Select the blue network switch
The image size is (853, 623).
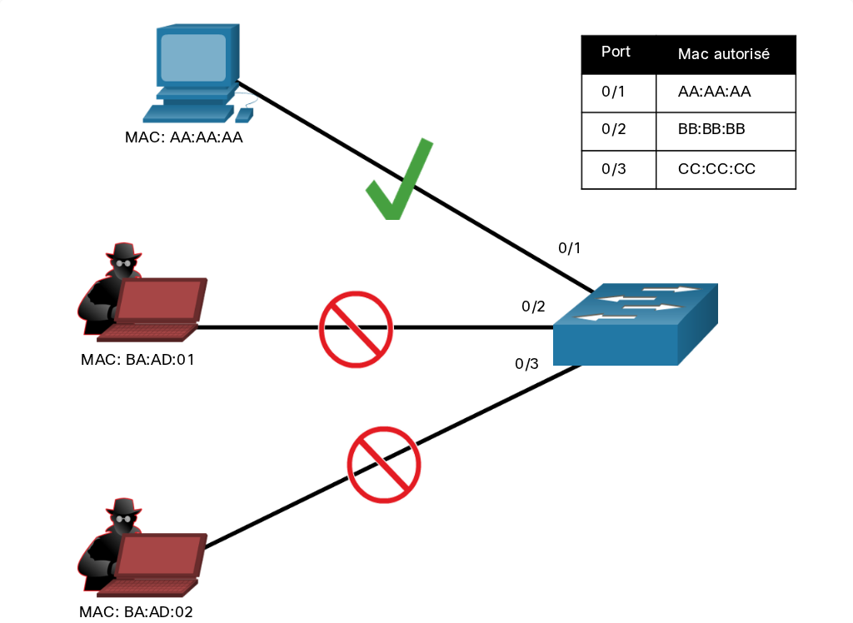click(x=636, y=324)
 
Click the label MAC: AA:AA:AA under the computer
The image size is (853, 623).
click(x=184, y=137)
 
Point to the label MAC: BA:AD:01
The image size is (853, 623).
click(x=137, y=360)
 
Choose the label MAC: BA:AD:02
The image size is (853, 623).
click(x=136, y=612)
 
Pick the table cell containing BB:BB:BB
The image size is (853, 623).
click(x=726, y=131)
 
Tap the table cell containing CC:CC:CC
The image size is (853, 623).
click(x=726, y=170)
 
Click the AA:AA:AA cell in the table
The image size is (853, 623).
click(x=726, y=93)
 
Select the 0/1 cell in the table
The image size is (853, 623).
click(x=619, y=93)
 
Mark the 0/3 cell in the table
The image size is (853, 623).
click(x=619, y=170)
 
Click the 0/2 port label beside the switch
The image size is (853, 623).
click(x=533, y=307)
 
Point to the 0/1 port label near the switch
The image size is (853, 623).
click(x=570, y=248)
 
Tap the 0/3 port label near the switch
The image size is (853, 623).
click(x=526, y=363)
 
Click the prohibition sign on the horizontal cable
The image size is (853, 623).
click(x=356, y=329)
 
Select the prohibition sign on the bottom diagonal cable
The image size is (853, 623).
click(x=384, y=465)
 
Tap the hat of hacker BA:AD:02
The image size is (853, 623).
click(x=124, y=508)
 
